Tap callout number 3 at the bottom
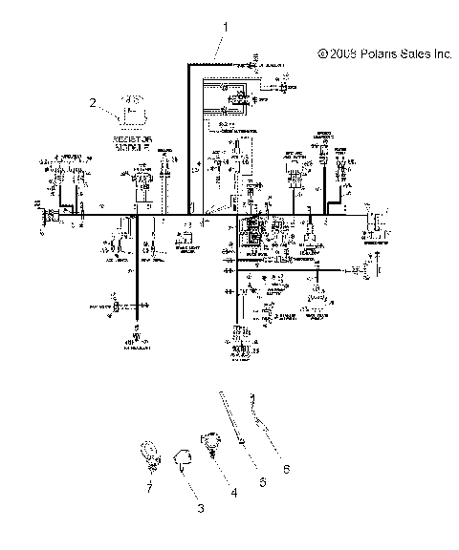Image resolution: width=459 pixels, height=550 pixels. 200,510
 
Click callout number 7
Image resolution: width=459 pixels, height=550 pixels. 149,486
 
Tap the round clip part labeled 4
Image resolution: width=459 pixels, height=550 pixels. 210,441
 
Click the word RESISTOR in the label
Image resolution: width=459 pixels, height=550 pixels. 134,140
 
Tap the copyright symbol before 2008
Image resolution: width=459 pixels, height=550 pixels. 322,55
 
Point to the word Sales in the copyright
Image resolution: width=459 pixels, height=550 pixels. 418,55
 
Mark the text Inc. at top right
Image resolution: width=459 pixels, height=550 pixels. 443,55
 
